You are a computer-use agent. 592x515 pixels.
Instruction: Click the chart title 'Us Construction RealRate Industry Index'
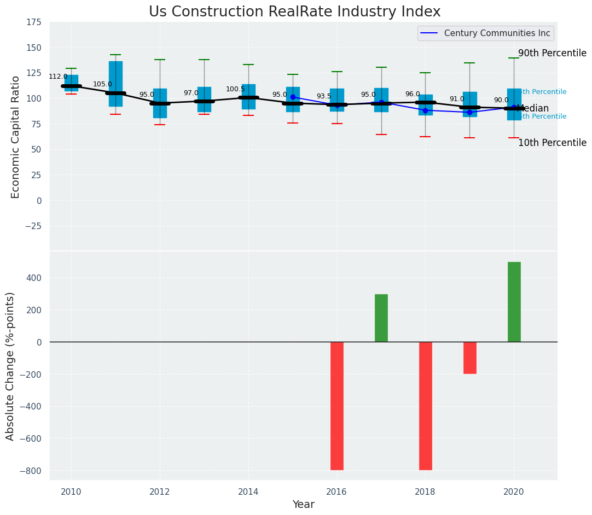294,12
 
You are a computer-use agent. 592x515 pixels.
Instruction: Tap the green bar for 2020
514,302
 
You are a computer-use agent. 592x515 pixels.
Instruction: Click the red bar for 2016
337,406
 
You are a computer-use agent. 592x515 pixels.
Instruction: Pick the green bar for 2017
381,318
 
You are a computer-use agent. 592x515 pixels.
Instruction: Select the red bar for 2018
425,406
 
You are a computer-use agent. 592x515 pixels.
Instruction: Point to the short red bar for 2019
469,358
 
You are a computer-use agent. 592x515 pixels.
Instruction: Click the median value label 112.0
58,77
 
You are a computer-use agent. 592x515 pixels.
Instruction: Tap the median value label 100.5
235,89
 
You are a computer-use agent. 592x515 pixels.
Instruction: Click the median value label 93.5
324,96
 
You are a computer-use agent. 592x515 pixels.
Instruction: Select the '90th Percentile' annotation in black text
552,54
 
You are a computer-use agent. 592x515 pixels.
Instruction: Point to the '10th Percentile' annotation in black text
552,143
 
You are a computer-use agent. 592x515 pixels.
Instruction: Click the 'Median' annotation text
532,109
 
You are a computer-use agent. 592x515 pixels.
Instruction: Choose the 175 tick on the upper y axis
34,22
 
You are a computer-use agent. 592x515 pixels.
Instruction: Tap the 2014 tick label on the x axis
248,491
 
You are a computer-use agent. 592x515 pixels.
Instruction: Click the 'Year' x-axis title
303,505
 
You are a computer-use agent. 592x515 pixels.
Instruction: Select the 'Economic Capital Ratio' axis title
15,137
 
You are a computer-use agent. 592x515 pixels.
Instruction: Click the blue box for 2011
115,84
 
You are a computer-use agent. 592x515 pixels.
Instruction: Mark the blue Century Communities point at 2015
293,97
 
